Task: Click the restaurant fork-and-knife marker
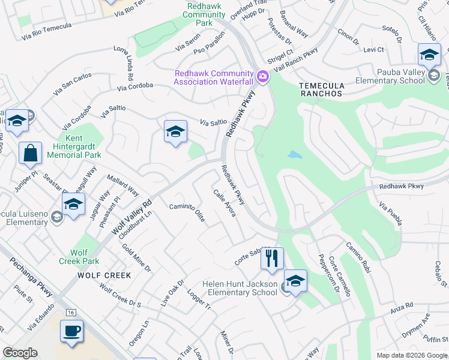(272, 259)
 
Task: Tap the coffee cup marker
(72, 331)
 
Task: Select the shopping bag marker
(30, 153)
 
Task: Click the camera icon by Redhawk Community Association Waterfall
(262, 77)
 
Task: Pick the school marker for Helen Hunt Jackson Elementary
(295, 281)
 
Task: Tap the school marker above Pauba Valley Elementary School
(429, 56)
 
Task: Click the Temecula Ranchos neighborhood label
(321, 89)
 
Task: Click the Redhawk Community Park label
(204, 14)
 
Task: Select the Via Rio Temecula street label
(46, 31)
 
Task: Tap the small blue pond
(295, 155)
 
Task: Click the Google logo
(20, 353)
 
